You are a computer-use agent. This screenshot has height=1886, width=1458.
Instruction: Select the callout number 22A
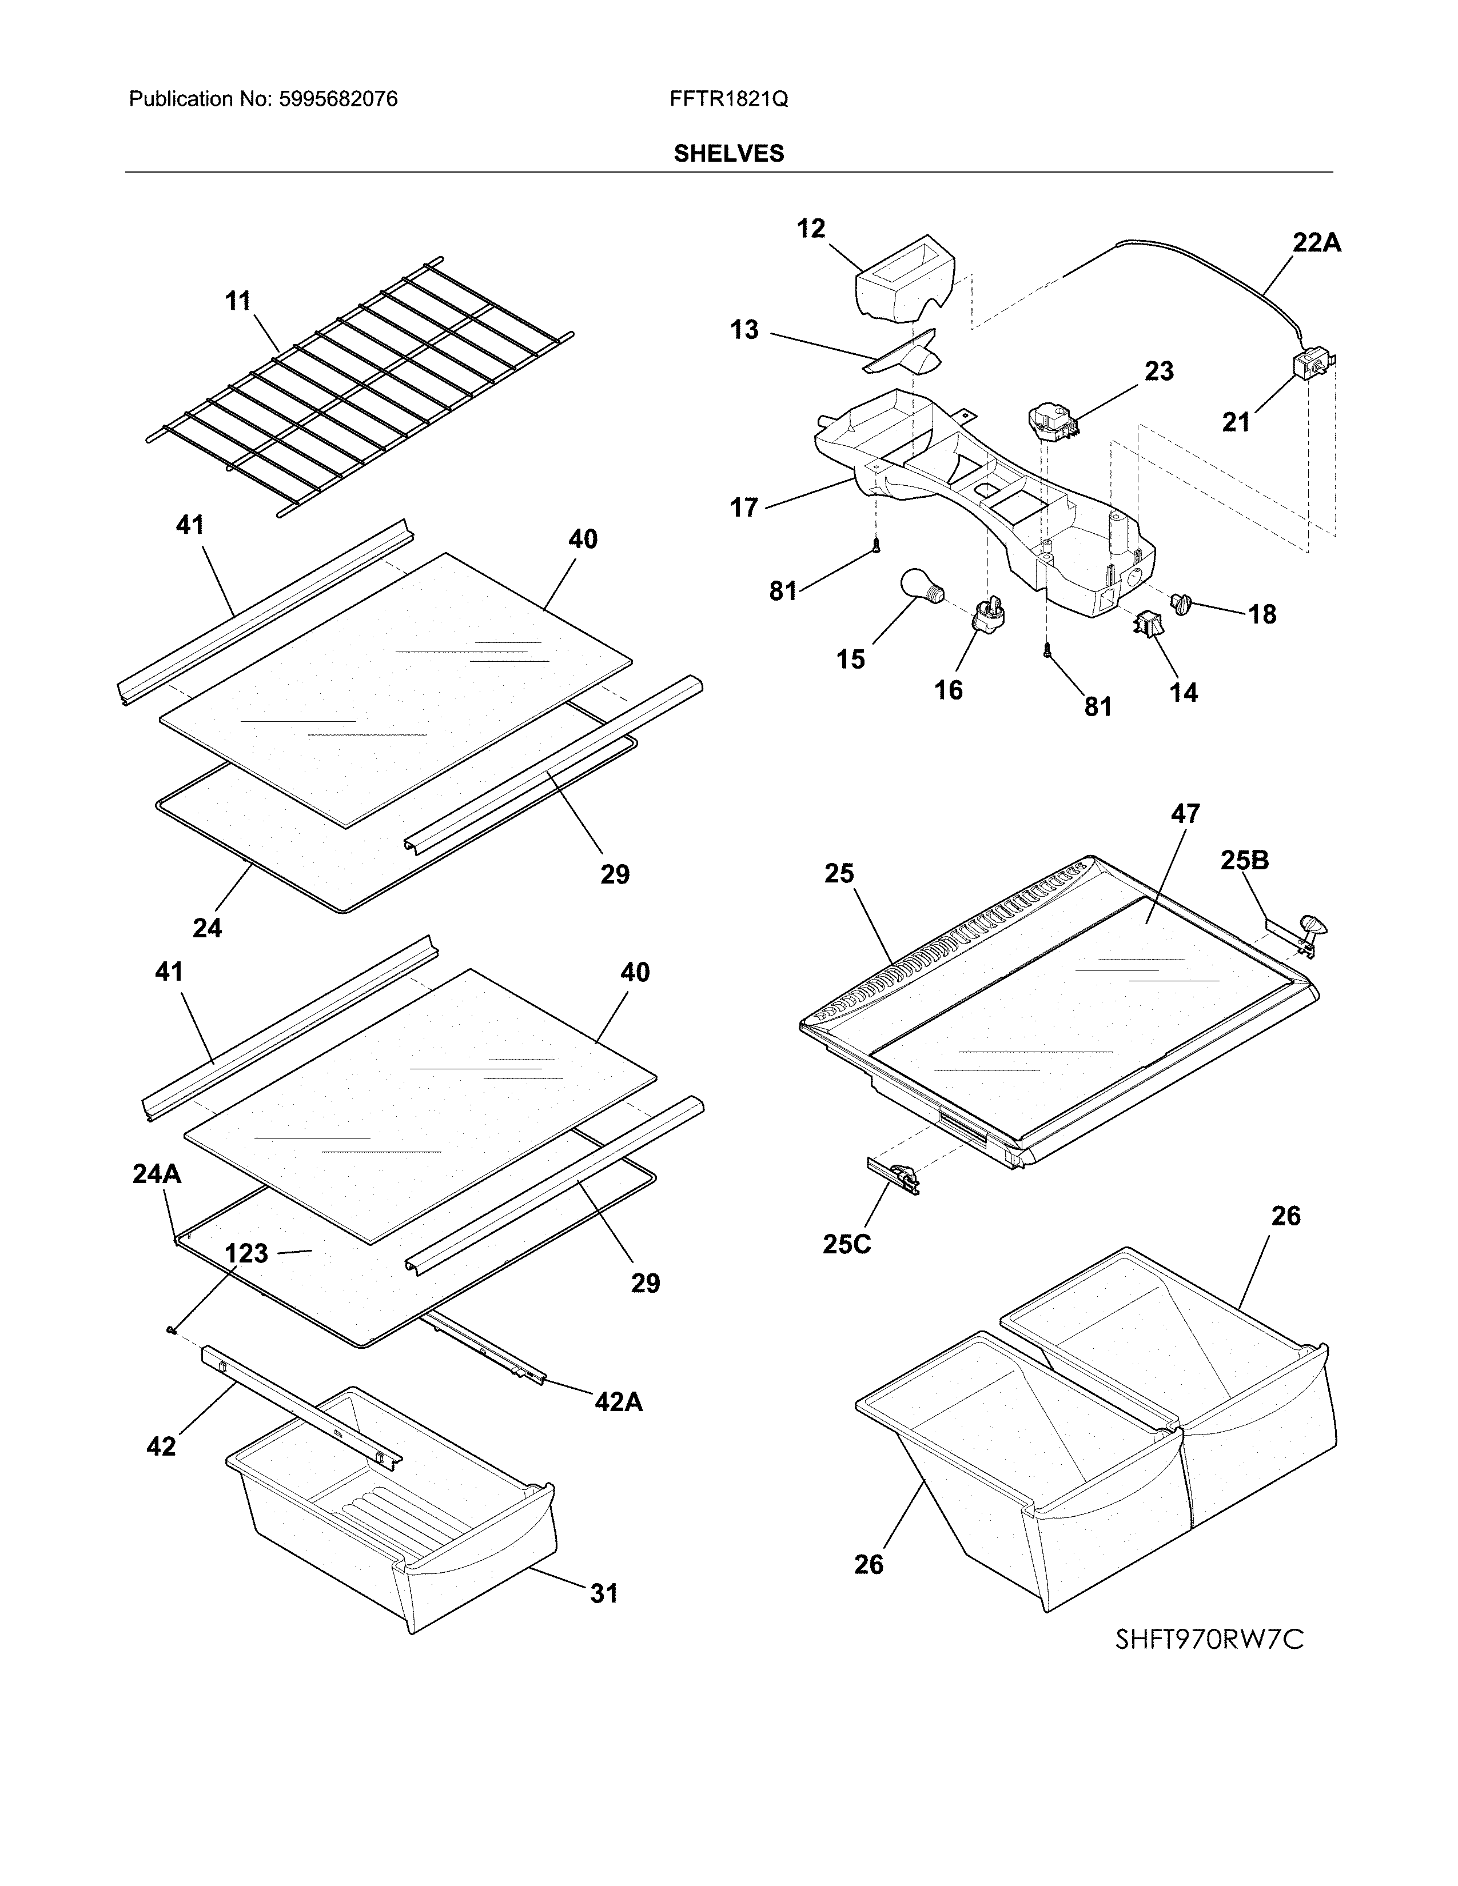coord(1316,243)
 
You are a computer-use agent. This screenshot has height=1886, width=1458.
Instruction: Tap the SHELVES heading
coord(728,154)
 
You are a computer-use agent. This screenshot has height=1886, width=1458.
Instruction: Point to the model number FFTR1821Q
coord(728,99)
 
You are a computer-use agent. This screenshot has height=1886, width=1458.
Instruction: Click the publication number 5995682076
coord(338,99)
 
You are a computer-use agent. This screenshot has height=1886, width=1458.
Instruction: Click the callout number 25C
coord(846,1244)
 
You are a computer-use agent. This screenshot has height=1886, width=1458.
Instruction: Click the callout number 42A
coord(619,1401)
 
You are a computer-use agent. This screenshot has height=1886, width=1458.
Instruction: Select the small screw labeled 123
coord(171,1330)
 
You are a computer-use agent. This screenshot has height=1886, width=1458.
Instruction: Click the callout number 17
coord(744,508)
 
